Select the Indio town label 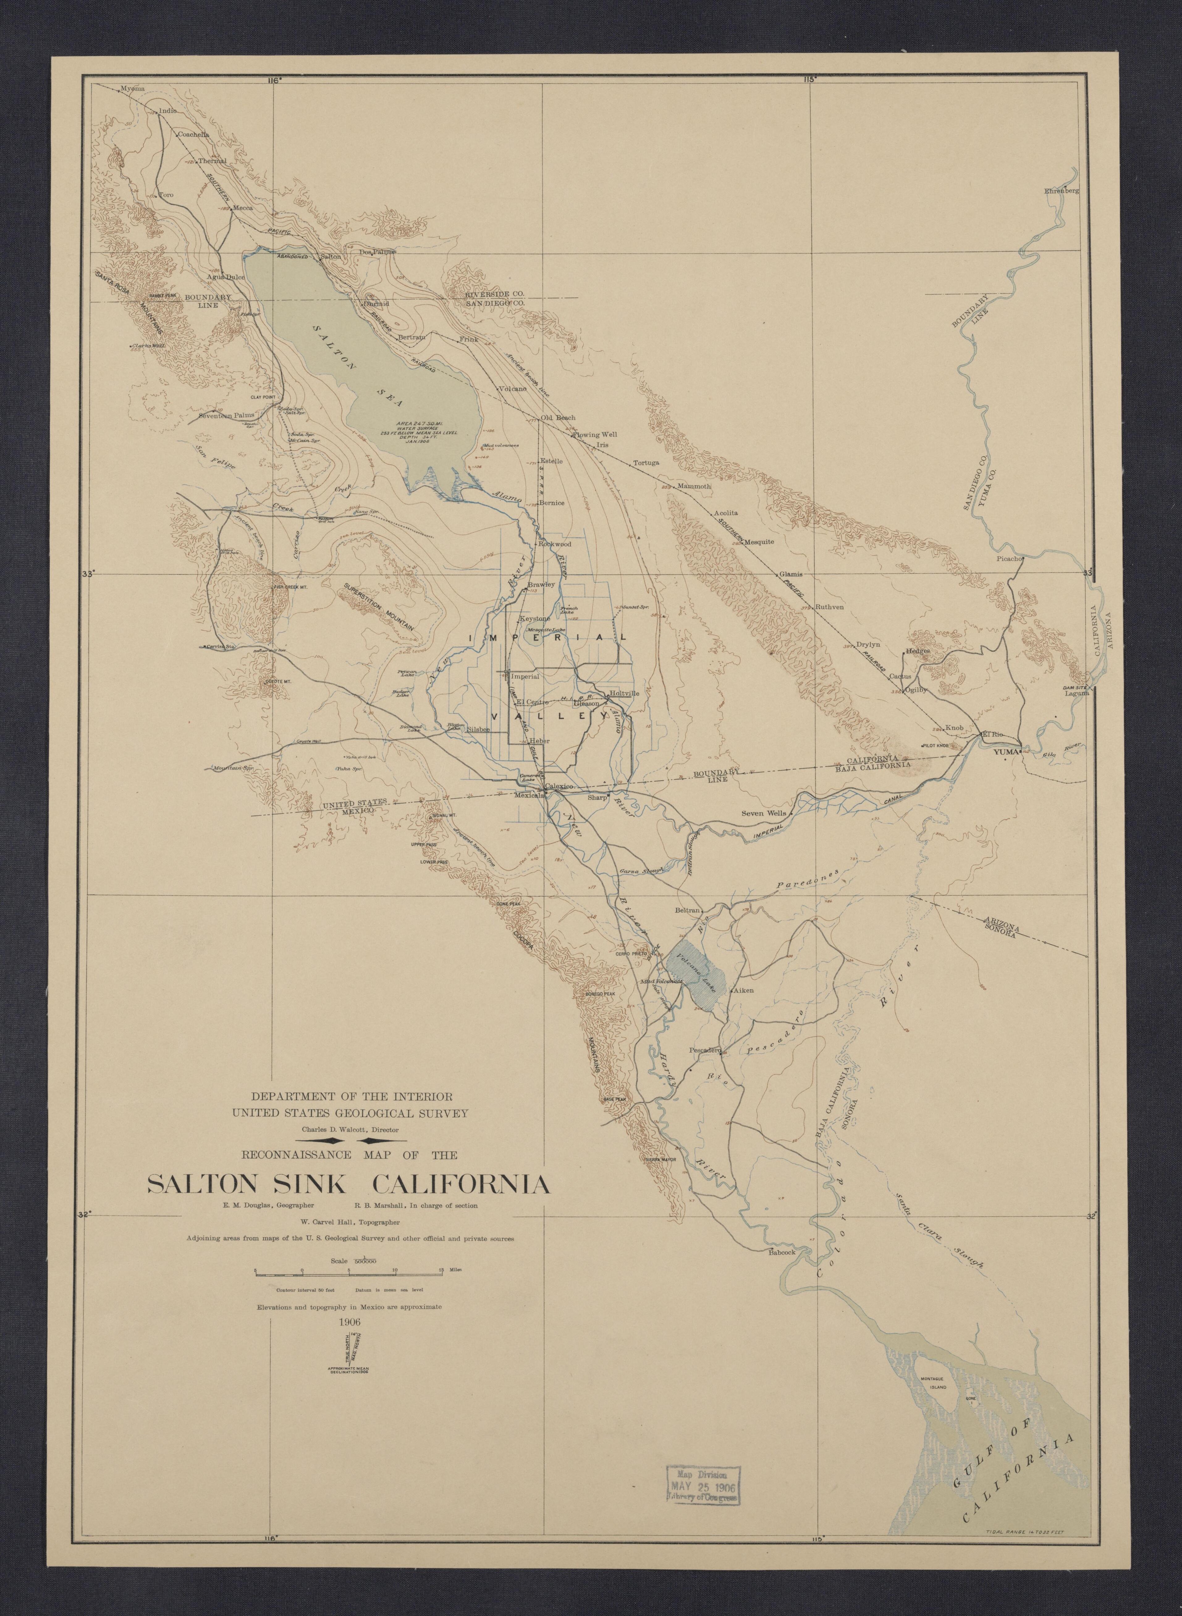(x=167, y=111)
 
